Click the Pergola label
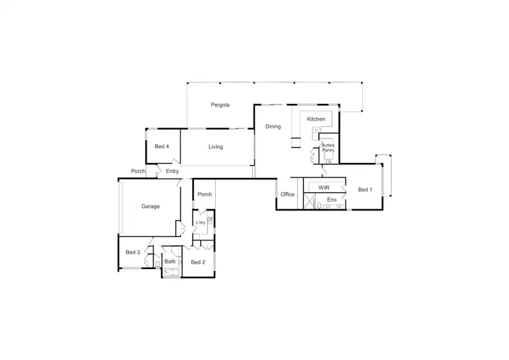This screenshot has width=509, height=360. (220, 105)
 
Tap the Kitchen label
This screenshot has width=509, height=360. (316, 119)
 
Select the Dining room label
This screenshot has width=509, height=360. (273, 126)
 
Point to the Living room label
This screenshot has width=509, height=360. (215, 147)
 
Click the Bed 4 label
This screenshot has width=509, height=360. (162, 147)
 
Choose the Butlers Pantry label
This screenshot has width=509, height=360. (328, 147)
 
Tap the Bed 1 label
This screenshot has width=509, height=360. (365, 190)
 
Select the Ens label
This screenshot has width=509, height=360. (331, 200)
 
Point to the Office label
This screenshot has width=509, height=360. (288, 194)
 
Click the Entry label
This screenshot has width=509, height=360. (172, 171)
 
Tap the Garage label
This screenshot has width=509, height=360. (150, 206)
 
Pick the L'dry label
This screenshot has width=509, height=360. (200, 223)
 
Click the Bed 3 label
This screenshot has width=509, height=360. (132, 253)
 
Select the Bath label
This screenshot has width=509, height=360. (170, 262)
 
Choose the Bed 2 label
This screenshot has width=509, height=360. (197, 262)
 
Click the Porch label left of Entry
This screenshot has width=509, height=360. (138, 171)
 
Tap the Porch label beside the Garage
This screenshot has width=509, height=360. (204, 194)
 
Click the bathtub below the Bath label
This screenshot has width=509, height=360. (172, 273)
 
